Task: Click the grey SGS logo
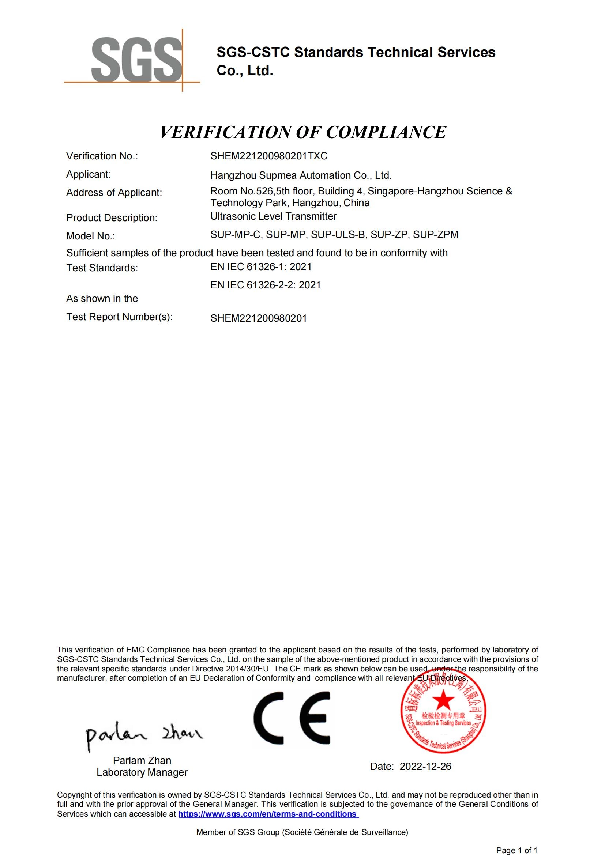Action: (x=136, y=60)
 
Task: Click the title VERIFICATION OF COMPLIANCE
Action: (x=302, y=132)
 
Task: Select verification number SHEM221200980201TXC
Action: (x=268, y=156)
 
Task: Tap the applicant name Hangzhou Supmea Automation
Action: (x=301, y=175)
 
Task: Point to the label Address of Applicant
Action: (x=114, y=193)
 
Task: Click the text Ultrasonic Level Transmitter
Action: (x=273, y=216)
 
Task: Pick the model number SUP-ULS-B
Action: (x=338, y=235)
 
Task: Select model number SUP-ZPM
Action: (x=436, y=235)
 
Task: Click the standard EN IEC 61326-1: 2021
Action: (x=261, y=266)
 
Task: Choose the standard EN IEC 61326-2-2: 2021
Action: (x=265, y=285)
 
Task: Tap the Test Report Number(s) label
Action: (x=119, y=317)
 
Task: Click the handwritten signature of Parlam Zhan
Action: (x=143, y=735)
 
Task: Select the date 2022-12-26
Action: (x=425, y=767)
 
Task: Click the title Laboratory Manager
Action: (x=142, y=772)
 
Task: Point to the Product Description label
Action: (x=112, y=218)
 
